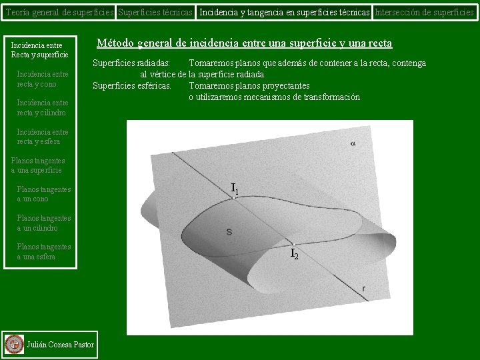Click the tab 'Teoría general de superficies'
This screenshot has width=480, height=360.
pos(58,12)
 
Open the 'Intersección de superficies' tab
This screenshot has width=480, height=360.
pos(424,12)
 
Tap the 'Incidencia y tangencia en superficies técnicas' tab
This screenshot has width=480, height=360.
pos(285,12)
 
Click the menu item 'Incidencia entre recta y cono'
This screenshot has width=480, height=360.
pos(42,79)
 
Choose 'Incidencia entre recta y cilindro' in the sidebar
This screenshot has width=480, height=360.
pos(42,108)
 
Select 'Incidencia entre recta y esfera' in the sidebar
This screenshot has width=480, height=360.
pos(42,137)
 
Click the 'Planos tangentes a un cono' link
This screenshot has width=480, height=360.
pos(43,194)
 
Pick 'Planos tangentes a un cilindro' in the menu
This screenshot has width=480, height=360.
pos(43,223)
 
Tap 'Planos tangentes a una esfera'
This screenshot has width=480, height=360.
pos(43,251)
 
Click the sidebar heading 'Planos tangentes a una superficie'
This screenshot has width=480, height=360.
pos(38,165)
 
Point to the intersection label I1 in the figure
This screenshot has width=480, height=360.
pos(235,189)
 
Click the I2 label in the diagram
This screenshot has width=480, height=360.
pos(294,253)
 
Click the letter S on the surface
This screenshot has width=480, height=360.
pos(229,232)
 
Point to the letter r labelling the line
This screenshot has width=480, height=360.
pos(363,288)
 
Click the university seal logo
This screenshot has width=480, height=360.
pos(14,344)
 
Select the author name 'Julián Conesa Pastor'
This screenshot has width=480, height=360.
pos(60,345)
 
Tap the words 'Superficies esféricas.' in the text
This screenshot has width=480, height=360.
pos(132,85)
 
